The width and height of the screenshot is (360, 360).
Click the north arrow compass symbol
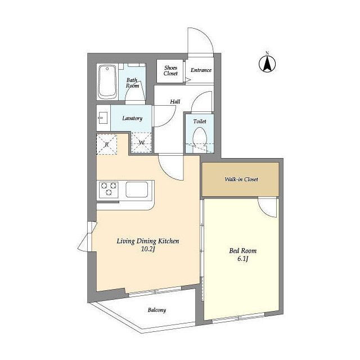coord(267,63)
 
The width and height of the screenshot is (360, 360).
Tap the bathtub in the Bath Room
coord(107,82)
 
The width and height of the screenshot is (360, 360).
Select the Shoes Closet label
coord(170,70)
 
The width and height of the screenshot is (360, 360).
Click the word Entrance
coord(201,70)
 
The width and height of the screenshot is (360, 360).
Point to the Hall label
coord(175,101)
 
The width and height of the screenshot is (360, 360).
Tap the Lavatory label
coord(132,118)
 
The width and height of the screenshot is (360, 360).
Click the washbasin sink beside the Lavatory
coord(103,118)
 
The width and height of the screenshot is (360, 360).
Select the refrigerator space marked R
coord(107,145)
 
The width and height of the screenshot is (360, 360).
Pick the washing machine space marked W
coord(141,142)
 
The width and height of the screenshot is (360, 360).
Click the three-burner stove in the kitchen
coord(109,190)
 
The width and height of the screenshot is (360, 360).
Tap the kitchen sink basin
coord(137,190)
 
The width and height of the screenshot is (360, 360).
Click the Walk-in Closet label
coord(241,179)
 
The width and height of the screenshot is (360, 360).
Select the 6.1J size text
coord(243,259)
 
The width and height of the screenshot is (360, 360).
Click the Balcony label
coord(157,310)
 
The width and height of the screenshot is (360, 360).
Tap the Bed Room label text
coord(243,251)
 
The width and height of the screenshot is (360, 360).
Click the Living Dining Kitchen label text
coord(148,241)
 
